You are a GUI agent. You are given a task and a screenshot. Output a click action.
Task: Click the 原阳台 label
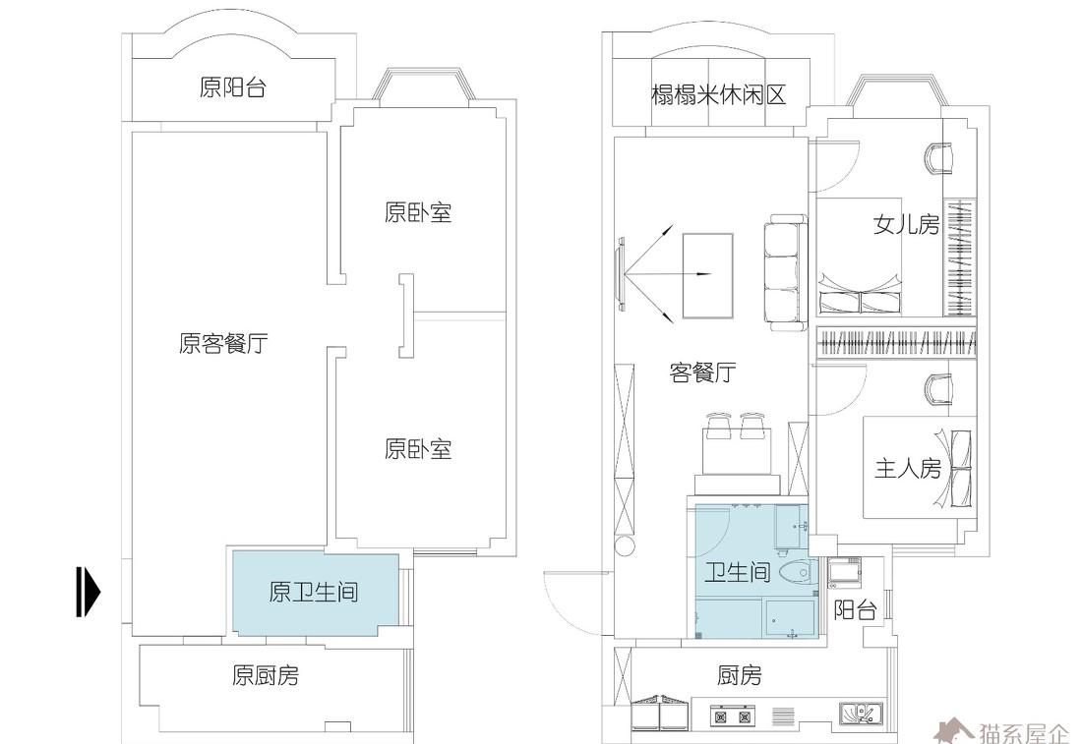[232, 88]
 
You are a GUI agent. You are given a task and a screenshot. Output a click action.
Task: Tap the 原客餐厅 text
[223, 344]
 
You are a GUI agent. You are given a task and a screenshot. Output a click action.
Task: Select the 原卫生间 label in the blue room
[313, 593]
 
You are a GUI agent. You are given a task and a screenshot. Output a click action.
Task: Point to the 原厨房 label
[266, 676]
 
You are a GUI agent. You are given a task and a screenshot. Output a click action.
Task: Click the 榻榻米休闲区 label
[719, 95]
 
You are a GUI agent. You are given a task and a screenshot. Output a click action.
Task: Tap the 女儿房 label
[906, 225]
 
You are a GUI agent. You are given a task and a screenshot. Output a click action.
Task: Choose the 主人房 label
[908, 469]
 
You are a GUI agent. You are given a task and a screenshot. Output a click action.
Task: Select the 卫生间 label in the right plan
[737, 572]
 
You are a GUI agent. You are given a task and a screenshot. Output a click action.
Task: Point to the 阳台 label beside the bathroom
[855, 610]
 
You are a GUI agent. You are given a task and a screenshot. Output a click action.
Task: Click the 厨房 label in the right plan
[740, 676]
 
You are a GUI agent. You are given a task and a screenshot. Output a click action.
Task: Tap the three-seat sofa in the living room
[784, 272]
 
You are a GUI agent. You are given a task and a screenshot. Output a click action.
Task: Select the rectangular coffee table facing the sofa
[708, 275]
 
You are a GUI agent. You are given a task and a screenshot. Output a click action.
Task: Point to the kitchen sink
[862, 714]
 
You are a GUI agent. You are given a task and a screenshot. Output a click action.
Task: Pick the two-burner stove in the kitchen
[731, 716]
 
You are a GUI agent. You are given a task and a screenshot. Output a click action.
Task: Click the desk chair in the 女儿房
[939, 157]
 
